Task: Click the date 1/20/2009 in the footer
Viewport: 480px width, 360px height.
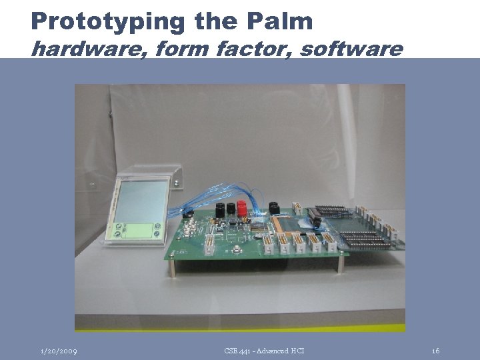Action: point(59,351)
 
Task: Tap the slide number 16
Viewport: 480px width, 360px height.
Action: point(435,351)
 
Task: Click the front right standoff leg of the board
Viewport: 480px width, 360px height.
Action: point(340,263)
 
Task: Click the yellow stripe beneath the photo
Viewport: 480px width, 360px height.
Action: point(240,328)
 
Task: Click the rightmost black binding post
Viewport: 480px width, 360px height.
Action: point(273,207)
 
